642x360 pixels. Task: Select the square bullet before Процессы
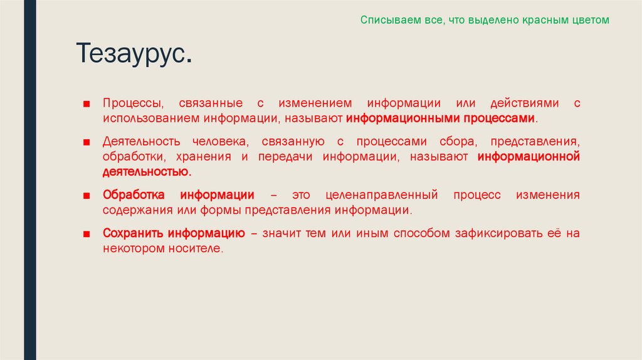(88, 103)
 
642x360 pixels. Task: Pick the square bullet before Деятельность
(88, 142)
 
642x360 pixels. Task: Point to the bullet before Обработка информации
(88, 196)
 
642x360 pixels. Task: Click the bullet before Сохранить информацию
(88, 234)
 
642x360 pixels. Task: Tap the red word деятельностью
(147, 171)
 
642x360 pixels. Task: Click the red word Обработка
(134, 195)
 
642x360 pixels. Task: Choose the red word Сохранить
(133, 233)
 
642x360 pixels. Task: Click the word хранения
(201, 156)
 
